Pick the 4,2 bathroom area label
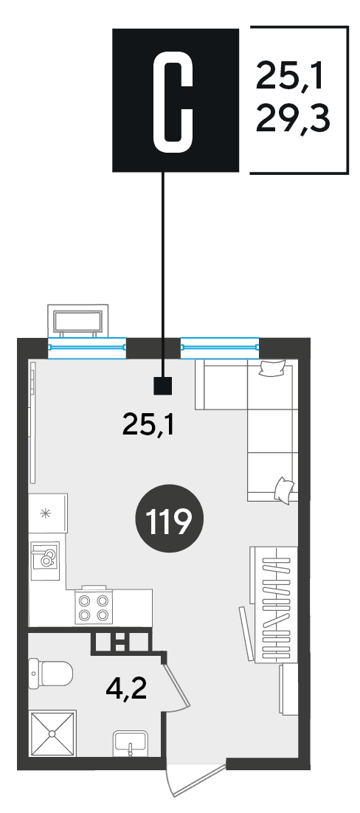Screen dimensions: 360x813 (125, 690)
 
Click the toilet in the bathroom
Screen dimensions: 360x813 (50, 674)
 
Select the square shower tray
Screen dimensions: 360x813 (52, 733)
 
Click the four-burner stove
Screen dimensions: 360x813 (94, 608)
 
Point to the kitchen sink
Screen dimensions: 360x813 (45, 560)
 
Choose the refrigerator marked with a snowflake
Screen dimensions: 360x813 (48, 513)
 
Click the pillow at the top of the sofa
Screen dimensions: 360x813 (272, 368)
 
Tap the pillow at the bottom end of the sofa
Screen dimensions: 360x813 (284, 489)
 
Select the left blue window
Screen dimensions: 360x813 (87, 347)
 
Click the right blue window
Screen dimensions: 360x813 (219, 347)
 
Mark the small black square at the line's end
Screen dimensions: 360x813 (163, 385)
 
